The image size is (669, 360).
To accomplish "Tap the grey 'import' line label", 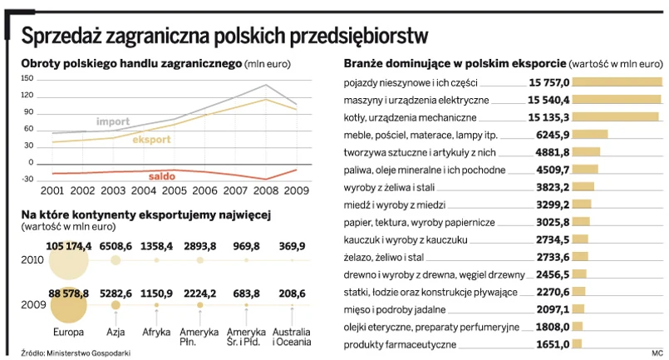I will [113, 122].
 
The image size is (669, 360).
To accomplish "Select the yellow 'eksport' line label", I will [151, 140].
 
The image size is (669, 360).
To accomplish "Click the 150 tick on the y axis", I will [27, 79].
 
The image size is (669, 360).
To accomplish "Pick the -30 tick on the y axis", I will [27, 180].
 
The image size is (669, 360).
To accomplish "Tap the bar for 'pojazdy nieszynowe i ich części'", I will [617, 82].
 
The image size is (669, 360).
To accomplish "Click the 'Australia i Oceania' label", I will [292, 336].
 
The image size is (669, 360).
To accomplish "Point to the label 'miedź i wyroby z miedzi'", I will [394, 205].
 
